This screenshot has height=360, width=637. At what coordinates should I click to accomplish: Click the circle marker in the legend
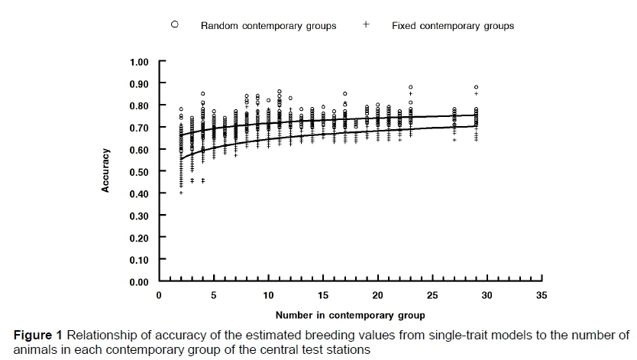click(x=175, y=24)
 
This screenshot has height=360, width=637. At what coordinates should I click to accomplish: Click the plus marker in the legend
click(x=366, y=24)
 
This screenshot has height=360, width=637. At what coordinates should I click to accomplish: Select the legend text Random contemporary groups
click(x=268, y=26)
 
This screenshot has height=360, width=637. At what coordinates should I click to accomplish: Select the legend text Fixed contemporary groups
click(x=453, y=26)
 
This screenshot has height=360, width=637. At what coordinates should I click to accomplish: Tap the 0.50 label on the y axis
click(x=143, y=172)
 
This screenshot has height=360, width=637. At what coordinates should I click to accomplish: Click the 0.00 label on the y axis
click(x=143, y=282)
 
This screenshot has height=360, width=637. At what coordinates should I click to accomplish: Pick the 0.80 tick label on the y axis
click(x=143, y=105)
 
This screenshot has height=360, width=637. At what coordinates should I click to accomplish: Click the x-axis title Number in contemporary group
click(x=351, y=314)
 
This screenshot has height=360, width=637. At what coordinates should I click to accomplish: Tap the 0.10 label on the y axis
click(x=143, y=260)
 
